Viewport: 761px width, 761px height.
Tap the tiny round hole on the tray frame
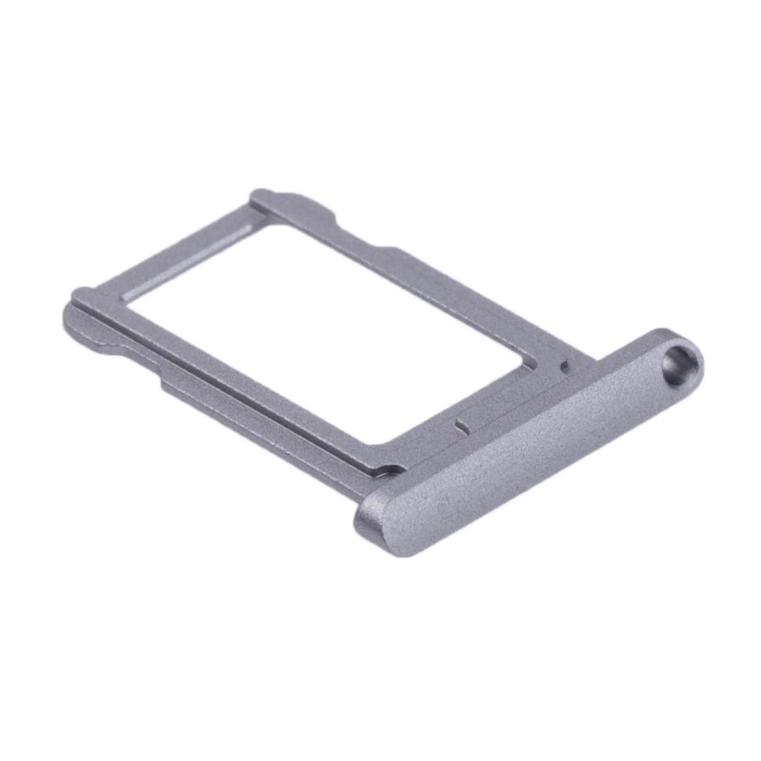tap(565, 364)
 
